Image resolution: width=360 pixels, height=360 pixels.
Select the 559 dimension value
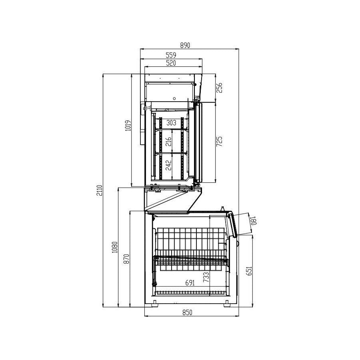point(171,56)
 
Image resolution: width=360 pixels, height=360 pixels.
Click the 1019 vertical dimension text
point(128,126)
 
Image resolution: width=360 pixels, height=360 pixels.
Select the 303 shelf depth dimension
point(171,123)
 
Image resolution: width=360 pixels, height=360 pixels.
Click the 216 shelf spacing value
point(168,142)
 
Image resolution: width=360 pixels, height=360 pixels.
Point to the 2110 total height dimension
point(100,190)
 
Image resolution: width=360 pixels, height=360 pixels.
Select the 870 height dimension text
point(126,259)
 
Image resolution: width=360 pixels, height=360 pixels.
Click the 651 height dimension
point(249,272)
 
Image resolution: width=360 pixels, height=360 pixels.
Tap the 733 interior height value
point(206,277)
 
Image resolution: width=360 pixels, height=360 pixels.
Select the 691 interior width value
point(190,283)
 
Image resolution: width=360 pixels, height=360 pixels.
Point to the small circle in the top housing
point(174,98)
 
